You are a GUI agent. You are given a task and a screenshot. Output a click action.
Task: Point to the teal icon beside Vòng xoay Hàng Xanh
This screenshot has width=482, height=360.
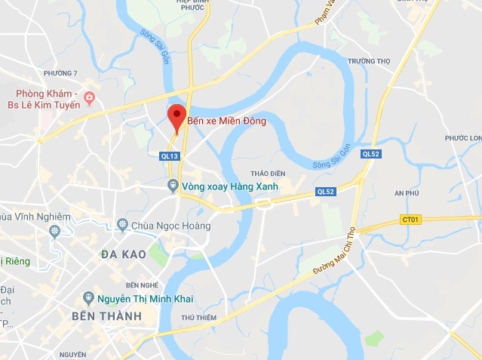pos(173,186)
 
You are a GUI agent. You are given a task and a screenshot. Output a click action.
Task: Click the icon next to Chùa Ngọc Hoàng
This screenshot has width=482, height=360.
pos(122,225)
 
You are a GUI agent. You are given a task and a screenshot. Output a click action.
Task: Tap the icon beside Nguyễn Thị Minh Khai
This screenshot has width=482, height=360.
pos(88,297)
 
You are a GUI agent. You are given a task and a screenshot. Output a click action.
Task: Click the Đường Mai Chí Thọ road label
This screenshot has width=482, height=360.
pos(334,254)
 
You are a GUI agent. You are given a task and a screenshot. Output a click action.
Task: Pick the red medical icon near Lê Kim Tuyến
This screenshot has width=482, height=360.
pos(90,97)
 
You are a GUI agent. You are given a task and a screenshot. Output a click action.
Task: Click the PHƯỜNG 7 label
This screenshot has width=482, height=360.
pos(61,72)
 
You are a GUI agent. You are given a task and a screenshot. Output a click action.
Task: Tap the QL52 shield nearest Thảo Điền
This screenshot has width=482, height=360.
pos(326,192)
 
